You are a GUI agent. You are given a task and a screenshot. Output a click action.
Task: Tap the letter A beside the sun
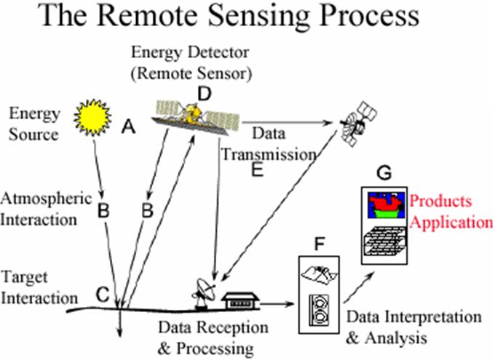point(129,127)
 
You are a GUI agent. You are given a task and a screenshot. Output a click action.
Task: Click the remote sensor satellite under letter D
point(194,115)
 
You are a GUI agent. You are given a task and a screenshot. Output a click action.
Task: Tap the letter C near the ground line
point(103,294)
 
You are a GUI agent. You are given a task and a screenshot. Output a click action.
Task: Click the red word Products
point(440,201)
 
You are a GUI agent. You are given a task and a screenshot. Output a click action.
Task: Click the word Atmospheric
point(46,197)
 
